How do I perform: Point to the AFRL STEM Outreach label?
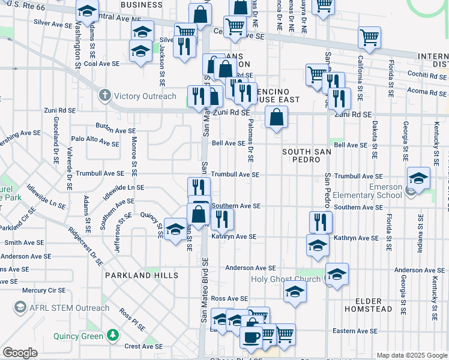62,308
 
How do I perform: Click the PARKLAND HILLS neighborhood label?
142,275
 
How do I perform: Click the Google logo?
20,353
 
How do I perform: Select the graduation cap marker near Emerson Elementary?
418,178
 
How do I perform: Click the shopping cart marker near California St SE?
369,37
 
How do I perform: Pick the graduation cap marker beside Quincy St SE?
175,230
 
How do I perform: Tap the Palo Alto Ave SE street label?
95,143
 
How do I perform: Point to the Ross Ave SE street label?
229,298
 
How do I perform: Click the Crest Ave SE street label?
143,346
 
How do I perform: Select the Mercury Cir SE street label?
43,290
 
